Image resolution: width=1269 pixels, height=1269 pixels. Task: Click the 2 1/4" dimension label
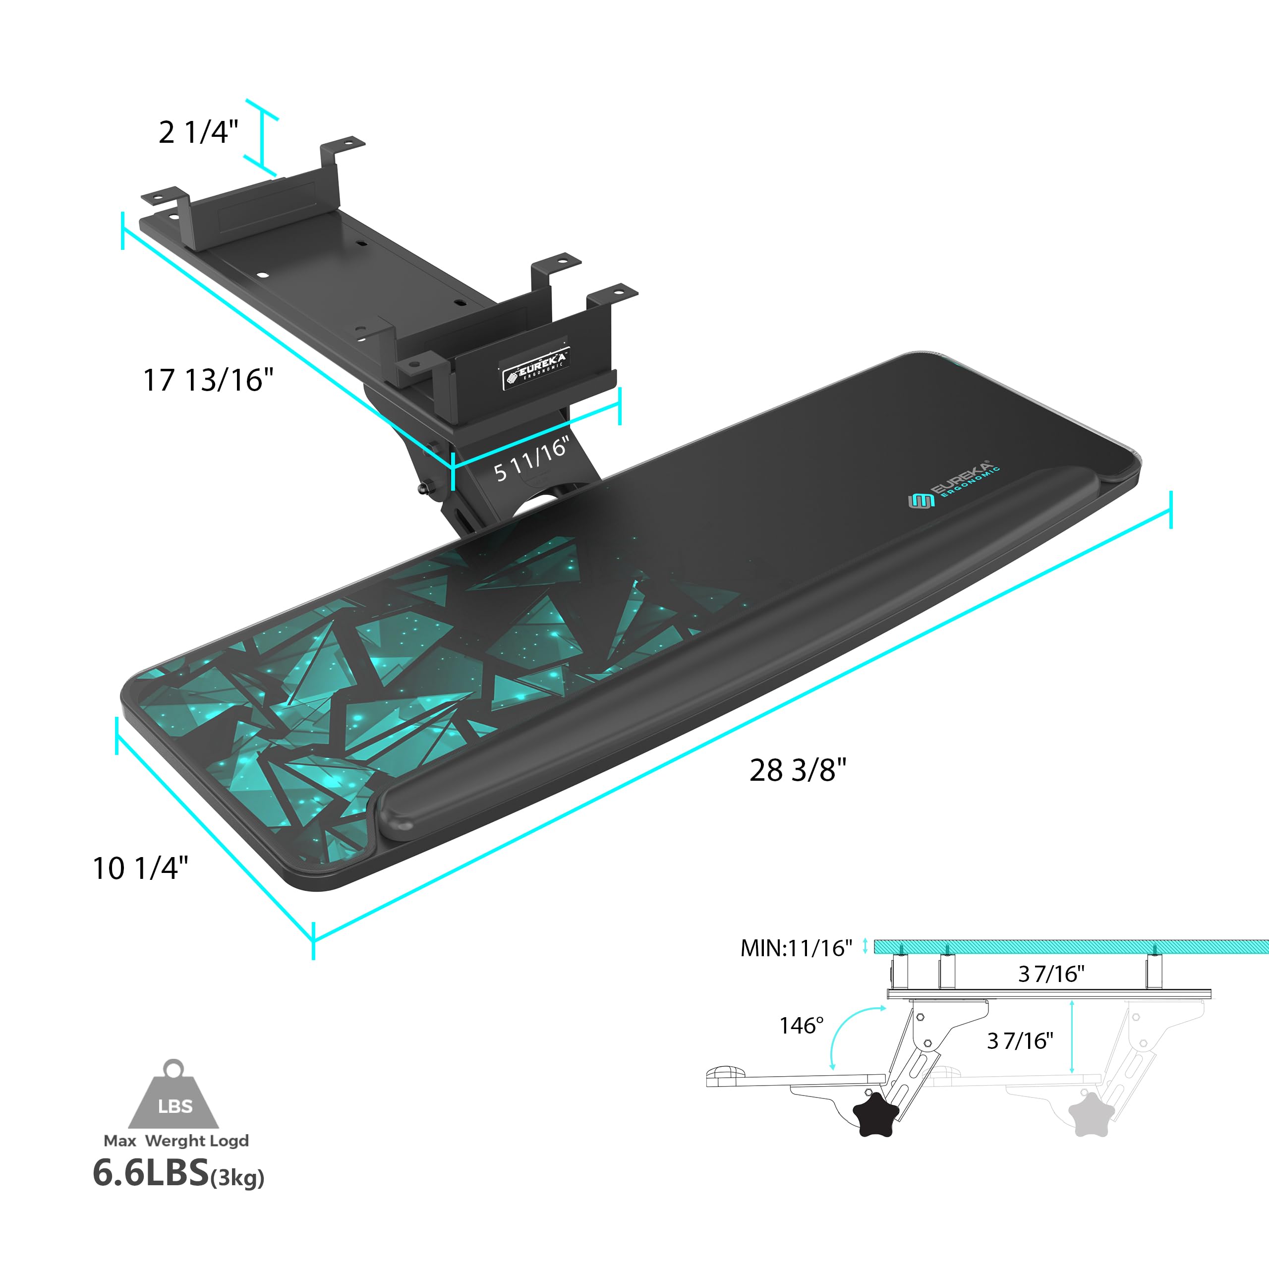pyautogui.click(x=198, y=132)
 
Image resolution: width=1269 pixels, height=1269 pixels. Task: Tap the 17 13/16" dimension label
pyautogui.click(x=208, y=380)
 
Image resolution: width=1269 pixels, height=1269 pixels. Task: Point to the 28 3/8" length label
pyautogui.click(x=798, y=770)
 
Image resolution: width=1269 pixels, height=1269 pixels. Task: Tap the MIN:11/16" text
pyautogui.click(x=796, y=948)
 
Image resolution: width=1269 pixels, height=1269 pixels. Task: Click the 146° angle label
pyautogui.click(x=801, y=1025)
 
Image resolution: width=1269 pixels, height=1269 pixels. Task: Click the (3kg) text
pyautogui.click(x=237, y=1178)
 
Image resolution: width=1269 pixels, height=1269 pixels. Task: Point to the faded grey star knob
pyautogui.click(x=1091, y=1114)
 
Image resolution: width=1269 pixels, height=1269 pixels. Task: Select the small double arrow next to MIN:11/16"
pyautogui.click(x=865, y=945)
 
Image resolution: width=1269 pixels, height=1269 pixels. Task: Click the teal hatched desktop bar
pyautogui.click(x=1071, y=946)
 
